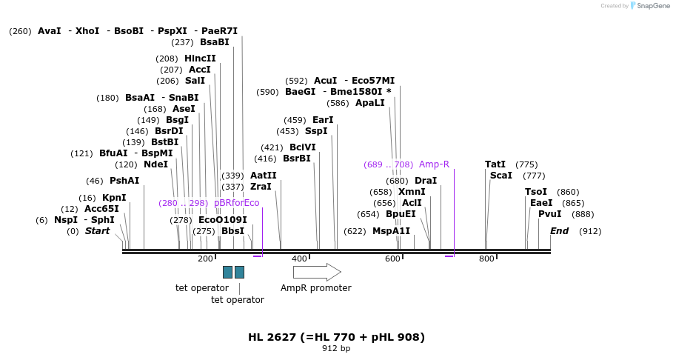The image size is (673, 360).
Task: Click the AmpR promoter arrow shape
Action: coord(317,272)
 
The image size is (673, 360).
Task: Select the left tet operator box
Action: coord(227,272)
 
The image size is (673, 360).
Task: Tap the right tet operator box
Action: coord(239,272)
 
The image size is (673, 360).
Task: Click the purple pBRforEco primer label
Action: coord(236,203)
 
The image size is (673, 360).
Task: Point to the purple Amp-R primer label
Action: coord(434,164)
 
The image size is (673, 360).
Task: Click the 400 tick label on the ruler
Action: coord(299,259)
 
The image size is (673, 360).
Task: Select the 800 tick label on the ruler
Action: coord(486,259)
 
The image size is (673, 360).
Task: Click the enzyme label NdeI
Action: coord(155,164)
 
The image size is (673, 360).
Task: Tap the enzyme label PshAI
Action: coord(124,181)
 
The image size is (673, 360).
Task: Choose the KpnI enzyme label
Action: coord(114,198)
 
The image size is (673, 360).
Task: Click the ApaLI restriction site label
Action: coord(370,103)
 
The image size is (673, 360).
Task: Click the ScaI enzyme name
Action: coord(501,176)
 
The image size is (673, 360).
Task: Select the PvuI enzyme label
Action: coord(550,214)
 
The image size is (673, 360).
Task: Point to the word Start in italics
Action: coord(97,231)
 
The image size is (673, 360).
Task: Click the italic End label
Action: coord(559,231)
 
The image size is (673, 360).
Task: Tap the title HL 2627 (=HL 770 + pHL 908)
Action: coord(336,337)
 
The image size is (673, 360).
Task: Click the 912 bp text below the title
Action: coord(336,348)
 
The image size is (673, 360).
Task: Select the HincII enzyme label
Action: coord(200,59)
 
